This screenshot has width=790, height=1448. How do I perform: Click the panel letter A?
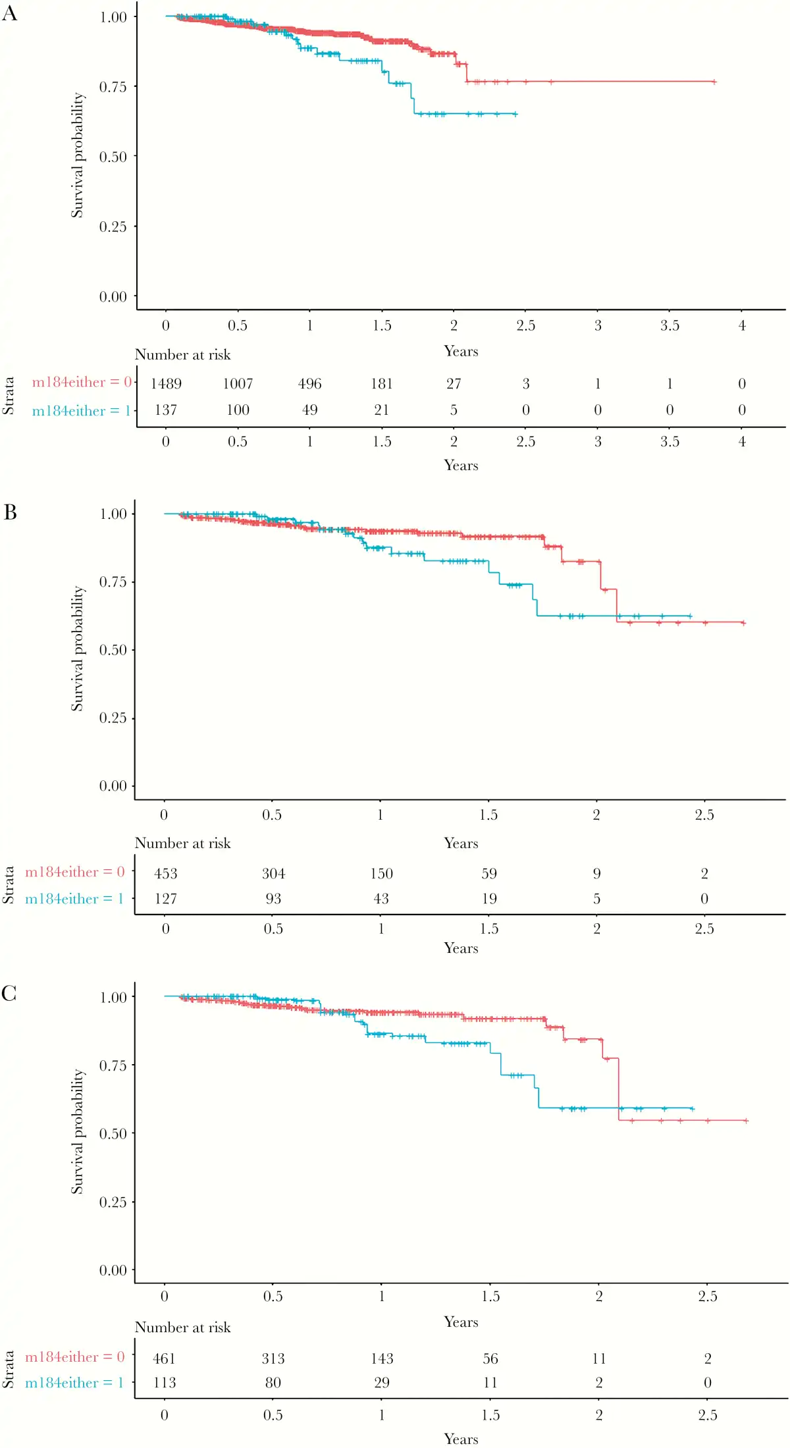[x=9, y=13]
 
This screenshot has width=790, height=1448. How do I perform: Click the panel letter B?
[x=10, y=512]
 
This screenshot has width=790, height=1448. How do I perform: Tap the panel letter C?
[x=9, y=994]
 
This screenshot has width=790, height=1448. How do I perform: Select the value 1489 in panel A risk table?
[x=166, y=384]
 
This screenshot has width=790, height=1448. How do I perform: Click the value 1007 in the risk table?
[x=238, y=384]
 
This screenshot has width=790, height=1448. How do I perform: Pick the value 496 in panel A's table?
[x=309, y=384]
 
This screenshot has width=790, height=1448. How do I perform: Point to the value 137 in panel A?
[x=166, y=410]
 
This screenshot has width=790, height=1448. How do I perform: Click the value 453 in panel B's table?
[x=166, y=874]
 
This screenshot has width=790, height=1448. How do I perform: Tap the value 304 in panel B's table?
[x=273, y=874]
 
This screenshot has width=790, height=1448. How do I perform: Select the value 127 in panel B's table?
[x=166, y=899]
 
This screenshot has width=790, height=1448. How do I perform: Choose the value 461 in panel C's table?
[x=165, y=1358]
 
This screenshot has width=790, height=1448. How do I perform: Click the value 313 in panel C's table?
[x=273, y=1358]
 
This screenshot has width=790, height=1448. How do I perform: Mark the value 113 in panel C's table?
[x=165, y=1383]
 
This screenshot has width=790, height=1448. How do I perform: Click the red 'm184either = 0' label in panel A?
[x=82, y=383]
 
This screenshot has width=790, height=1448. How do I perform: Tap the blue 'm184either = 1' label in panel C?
[x=74, y=1383]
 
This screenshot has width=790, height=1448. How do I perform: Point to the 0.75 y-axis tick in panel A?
[x=113, y=87]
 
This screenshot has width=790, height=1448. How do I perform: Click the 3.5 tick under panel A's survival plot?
[x=670, y=325]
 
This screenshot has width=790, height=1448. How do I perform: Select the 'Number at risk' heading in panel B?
[x=182, y=844]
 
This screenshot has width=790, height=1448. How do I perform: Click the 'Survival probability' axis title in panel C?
[x=78, y=1131]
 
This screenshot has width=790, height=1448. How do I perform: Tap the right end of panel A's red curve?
[x=714, y=82]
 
